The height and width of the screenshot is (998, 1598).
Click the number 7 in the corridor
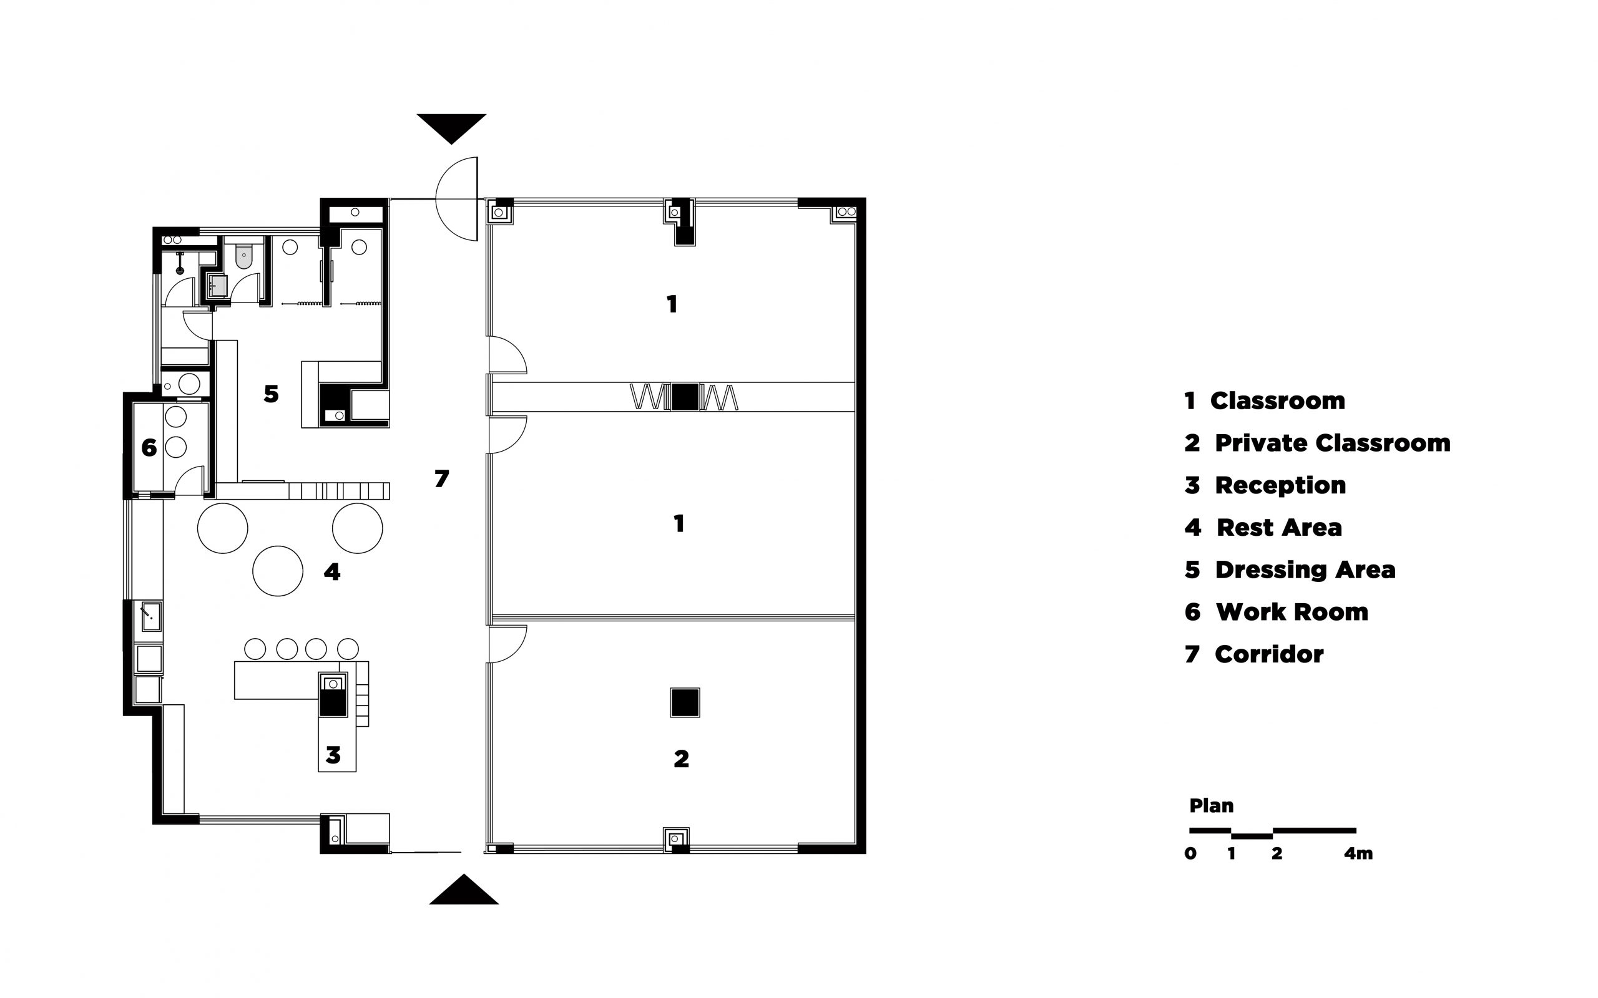point(442,478)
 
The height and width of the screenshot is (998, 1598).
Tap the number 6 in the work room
point(149,448)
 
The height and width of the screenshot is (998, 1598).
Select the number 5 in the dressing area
point(271,394)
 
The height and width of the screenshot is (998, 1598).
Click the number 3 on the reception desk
point(333,755)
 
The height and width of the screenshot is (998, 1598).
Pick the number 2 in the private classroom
point(682,759)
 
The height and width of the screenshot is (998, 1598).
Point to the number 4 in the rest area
point(331,571)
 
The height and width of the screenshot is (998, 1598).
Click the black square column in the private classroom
point(685,702)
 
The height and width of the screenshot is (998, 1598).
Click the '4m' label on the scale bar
point(1358,853)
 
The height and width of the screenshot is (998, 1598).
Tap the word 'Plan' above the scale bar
point(1211,805)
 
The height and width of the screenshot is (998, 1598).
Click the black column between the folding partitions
point(685,397)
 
